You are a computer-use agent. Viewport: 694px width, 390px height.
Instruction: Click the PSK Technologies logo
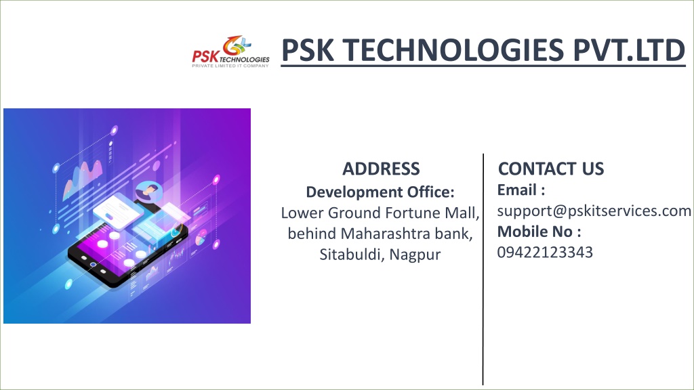point(230,51)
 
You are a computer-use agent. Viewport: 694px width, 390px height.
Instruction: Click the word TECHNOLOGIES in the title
point(453,49)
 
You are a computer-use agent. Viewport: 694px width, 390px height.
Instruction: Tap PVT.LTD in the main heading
point(630,49)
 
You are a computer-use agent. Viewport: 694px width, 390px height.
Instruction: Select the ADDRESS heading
point(381,169)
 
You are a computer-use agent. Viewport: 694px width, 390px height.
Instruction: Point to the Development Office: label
point(380,192)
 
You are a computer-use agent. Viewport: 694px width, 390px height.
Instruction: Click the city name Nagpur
point(415,255)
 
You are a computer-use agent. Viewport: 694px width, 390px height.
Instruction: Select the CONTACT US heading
point(551,169)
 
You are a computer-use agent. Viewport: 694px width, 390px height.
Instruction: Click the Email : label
point(521,190)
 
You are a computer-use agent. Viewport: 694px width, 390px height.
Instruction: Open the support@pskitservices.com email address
point(594,211)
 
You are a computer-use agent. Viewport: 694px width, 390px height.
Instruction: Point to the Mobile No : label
point(539,232)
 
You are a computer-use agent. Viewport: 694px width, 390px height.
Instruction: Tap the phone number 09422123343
point(545,252)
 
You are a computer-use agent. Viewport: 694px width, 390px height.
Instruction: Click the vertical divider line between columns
point(483,269)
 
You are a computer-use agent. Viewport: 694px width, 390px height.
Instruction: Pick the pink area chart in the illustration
point(83,179)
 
